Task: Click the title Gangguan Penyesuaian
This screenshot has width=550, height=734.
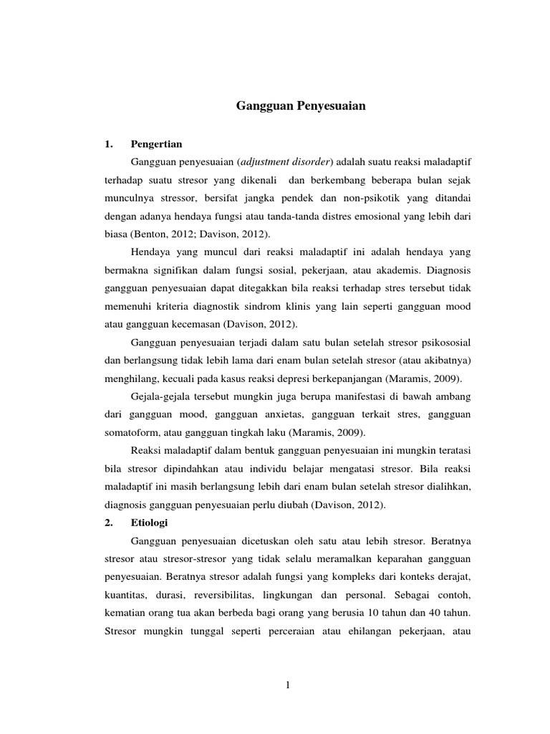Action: point(301,106)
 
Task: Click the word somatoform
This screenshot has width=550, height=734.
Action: point(127,432)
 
